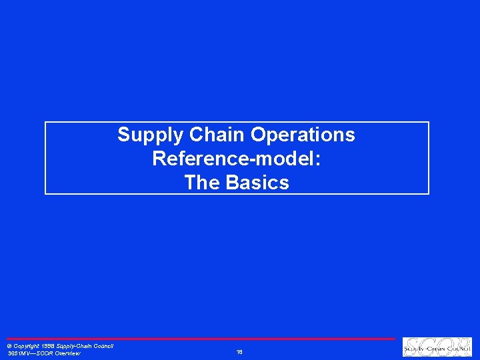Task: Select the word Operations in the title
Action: tap(303, 135)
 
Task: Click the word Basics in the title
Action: tap(257, 183)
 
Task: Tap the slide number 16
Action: tap(239, 351)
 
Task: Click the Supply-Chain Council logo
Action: tap(437, 347)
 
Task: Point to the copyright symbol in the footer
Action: tap(9, 346)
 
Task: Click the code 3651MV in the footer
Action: tap(18, 353)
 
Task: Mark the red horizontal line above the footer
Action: tap(200, 339)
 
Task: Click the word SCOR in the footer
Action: tap(44, 353)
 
